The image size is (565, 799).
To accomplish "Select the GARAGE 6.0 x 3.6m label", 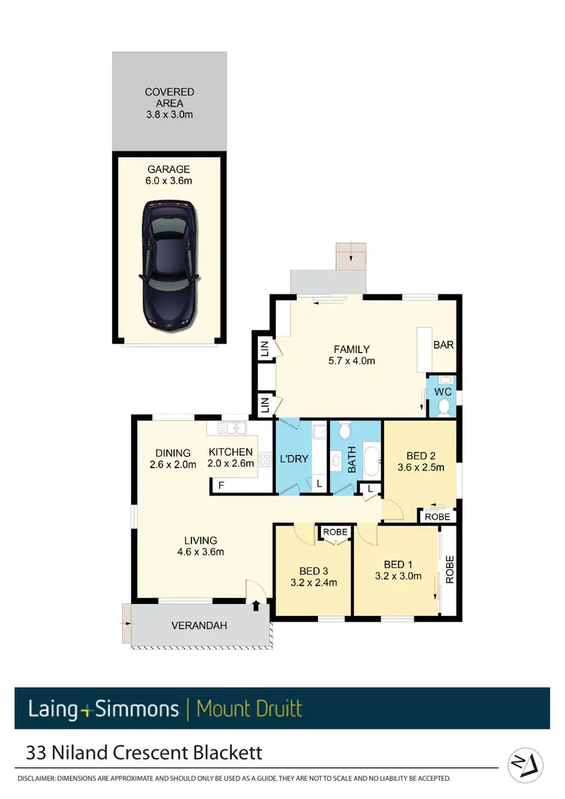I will [x=168, y=175].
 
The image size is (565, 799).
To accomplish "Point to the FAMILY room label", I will [x=352, y=355].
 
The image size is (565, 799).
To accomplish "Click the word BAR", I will [x=443, y=345].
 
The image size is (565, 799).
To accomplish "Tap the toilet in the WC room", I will [x=444, y=407].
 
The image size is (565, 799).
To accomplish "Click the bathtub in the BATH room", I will [x=371, y=460].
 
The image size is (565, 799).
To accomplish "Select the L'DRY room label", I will [x=294, y=459].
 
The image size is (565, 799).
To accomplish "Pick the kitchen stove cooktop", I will [x=264, y=459].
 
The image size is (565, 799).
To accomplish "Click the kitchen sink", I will [x=233, y=428].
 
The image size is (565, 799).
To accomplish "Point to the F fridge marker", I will [x=221, y=485].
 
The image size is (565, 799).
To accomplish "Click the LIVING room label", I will [x=200, y=545].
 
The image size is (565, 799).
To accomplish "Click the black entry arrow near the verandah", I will [x=257, y=603].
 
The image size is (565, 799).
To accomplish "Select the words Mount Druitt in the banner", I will [x=249, y=709].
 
